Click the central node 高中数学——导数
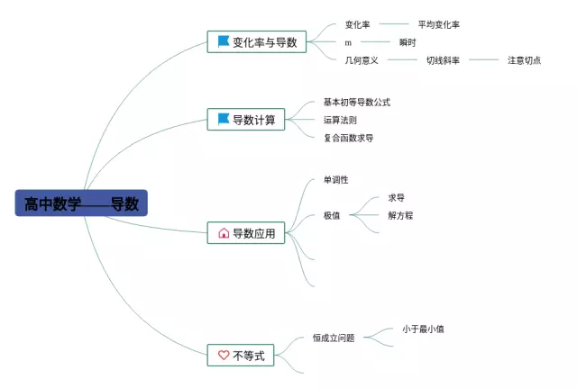(x=81, y=203)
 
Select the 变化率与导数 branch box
(x=257, y=41)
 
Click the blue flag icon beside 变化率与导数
(x=223, y=41)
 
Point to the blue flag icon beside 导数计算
(x=223, y=119)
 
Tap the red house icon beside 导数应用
(x=224, y=233)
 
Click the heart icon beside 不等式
(x=223, y=356)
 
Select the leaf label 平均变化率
(x=438, y=25)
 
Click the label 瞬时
(x=408, y=42)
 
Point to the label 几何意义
(x=362, y=60)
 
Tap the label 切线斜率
(x=443, y=60)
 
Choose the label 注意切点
(x=524, y=60)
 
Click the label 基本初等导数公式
(x=356, y=103)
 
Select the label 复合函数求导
(x=348, y=138)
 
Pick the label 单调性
(x=335, y=180)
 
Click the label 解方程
(x=400, y=215)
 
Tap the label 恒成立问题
(x=334, y=338)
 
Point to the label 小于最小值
(x=423, y=329)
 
